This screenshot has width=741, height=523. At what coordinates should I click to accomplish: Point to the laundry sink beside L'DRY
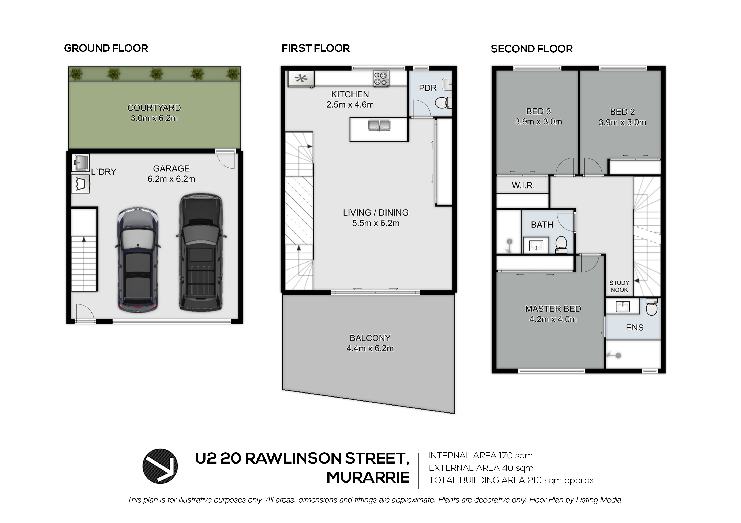click(x=80, y=163)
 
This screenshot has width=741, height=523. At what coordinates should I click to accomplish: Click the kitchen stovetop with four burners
click(x=381, y=78)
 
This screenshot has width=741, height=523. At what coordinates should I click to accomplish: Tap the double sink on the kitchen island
click(x=379, y=125)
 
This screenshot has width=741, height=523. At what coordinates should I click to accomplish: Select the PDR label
click(x=428, y=88)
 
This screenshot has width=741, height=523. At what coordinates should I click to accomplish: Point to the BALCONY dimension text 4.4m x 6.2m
click(x=370, y=348)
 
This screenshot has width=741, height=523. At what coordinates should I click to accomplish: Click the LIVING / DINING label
click(x=376, y=213)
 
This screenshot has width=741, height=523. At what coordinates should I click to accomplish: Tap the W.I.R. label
click(x=523, y=185)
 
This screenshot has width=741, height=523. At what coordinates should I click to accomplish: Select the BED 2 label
click(x=622, y=112)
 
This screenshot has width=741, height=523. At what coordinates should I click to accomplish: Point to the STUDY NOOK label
click(x=619, y=286)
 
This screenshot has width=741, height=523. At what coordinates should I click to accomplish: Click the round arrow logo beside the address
click(x=160, y=466)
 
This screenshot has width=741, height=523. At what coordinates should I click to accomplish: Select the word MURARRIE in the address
click(x=368, y=477)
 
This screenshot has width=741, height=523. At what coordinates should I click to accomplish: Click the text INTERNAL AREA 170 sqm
click(x=481, y=456)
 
